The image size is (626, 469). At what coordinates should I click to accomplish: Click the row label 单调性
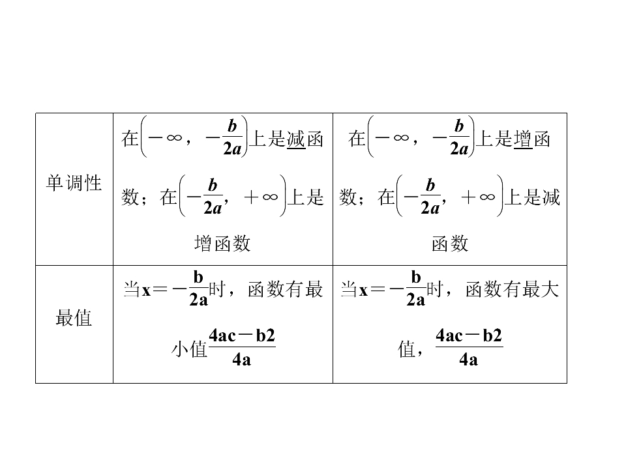[x=74, y=183]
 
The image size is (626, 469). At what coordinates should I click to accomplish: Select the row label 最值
[x=74, y=318]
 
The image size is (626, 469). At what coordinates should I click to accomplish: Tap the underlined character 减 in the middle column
[x=296, y=139]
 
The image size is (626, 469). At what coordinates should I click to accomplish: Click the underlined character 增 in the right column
[x=523, y=139]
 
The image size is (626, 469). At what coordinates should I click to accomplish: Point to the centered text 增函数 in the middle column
[x=222, y=243]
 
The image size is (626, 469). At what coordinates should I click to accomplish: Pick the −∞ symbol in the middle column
[x=165, y=138]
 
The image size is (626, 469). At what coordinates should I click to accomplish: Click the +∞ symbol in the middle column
[x=261, y=197]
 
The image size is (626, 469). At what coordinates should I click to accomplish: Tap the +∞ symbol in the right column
[x=478, y=197]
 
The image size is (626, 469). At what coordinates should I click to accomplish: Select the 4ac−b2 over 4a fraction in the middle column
[x=242, y=347]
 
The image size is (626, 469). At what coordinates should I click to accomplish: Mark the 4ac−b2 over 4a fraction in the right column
[x=469, y=347]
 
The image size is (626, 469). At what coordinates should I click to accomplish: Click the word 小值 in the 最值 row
[x=189, y=349]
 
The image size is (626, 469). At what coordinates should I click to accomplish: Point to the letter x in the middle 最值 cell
[x=147, y=291]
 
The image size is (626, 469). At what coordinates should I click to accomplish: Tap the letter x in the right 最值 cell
[x=363, y=291]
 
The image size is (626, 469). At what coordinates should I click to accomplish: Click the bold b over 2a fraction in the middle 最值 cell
[x=198, y=289]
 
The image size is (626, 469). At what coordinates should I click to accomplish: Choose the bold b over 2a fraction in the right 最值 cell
[x=415, y=289]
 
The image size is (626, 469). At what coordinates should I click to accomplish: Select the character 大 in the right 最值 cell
[x=550, y=289]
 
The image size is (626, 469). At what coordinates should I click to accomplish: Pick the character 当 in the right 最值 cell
[x=350, y=289]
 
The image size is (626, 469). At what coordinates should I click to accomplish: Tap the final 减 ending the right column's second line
[x=552, y=197]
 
